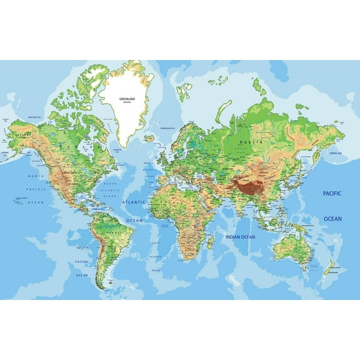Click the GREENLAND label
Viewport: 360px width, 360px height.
129,97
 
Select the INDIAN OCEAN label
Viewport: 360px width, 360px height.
241,237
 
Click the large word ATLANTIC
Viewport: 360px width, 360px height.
133,202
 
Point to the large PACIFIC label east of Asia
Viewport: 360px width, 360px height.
332,194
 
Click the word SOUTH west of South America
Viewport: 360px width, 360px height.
82,247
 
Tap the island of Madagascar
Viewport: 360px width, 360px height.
211,241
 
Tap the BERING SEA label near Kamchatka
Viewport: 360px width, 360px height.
336,152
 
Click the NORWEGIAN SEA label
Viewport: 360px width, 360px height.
167,128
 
